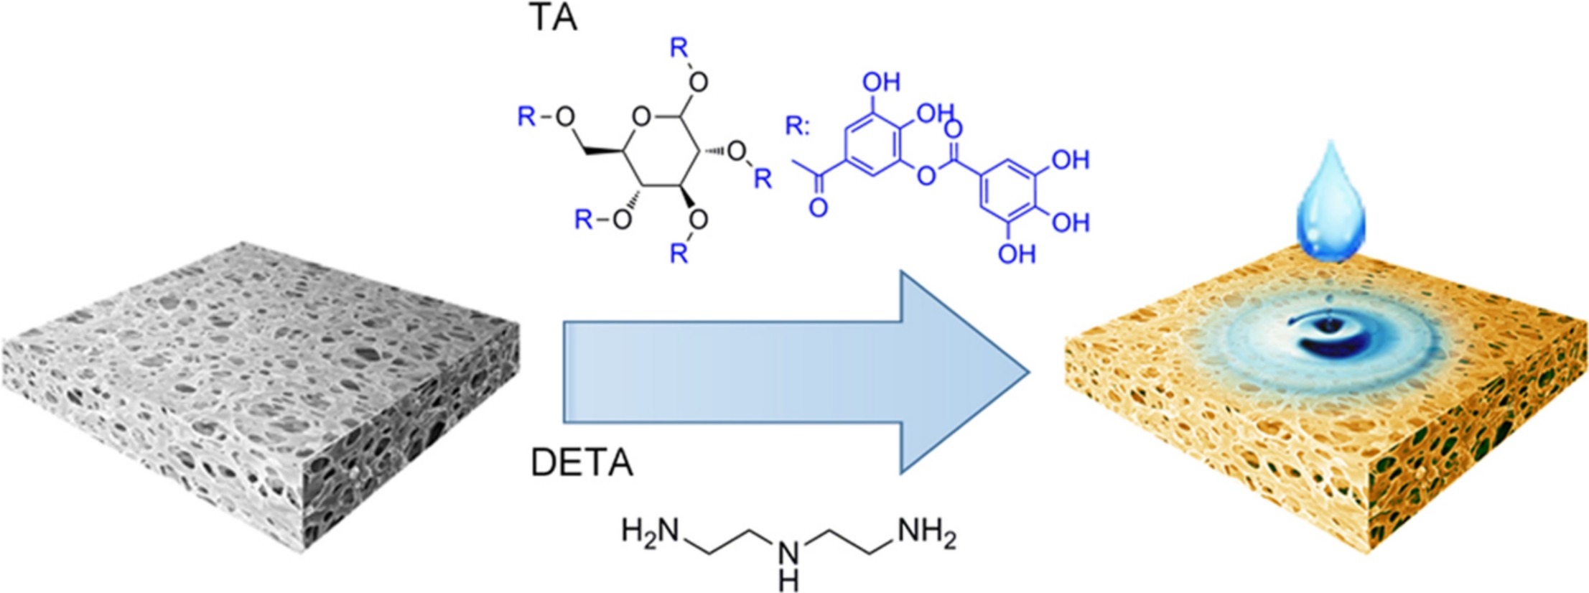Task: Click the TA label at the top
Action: (552, 19)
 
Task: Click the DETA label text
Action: (582, 463)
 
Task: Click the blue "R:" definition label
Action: (797, 126)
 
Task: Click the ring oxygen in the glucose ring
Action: (641, 116)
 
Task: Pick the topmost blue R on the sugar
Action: (679, 48)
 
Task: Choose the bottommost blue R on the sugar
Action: (679, 253)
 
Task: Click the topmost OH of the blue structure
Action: (881, 82)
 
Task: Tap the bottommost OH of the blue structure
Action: (1017, 253)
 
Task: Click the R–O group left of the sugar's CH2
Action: (546, 116)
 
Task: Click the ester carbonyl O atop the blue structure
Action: (954, 129)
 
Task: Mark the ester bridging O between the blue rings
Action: (927, 174)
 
